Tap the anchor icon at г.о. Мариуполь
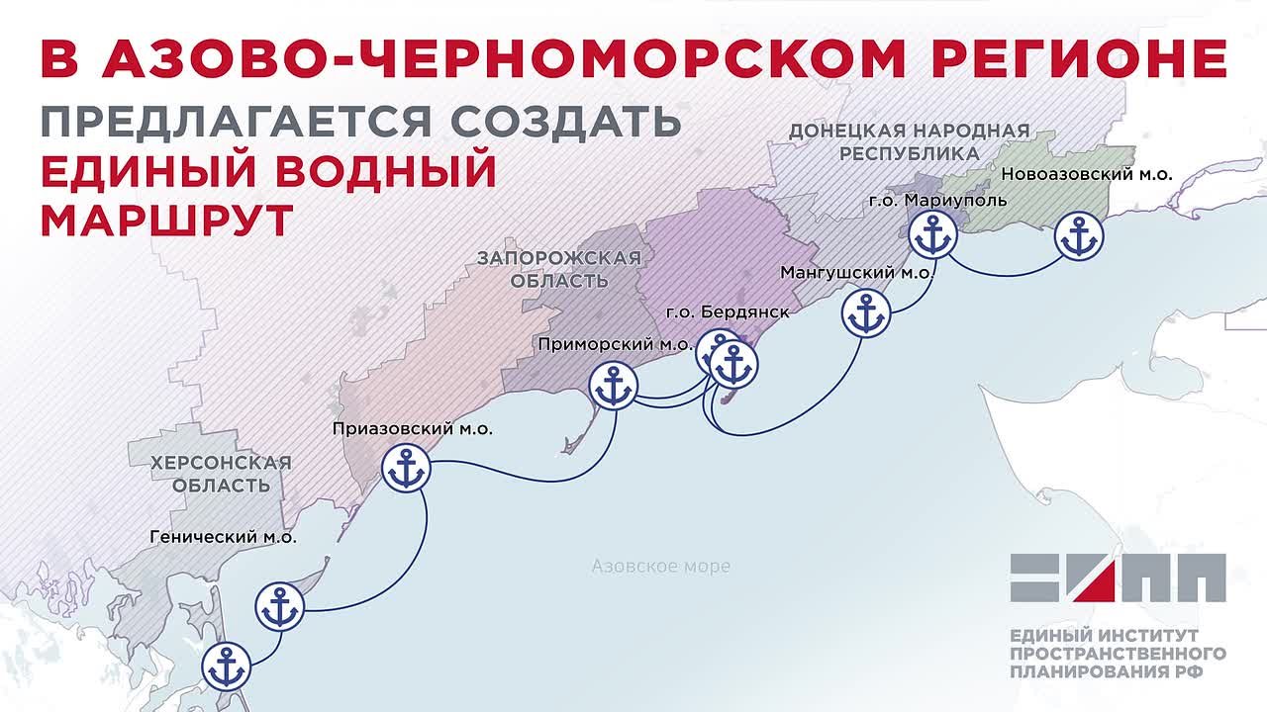pos(931,236)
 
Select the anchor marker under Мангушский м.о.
pos(866,314)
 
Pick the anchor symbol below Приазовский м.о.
pos(405,470)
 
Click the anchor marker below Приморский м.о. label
pos(613,387)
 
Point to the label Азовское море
pos(660,567)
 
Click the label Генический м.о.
pos(223,538)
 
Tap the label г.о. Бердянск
pos(728,312)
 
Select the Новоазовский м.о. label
pos(1087,174)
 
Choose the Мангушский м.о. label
pos(856,272)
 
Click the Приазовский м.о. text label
pos(412,429)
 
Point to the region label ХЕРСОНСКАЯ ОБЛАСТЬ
pos(221,474)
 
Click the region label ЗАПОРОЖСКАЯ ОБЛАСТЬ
pos(559,269)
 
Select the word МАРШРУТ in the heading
pos(166,220)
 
